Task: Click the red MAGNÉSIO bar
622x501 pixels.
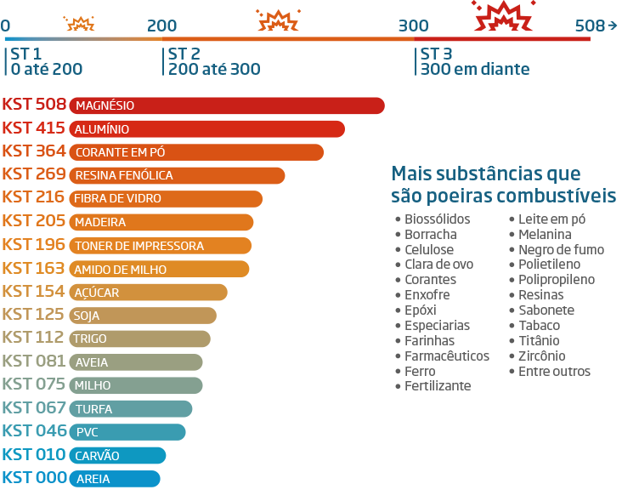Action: [226, 105]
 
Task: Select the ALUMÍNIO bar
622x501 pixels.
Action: [206, 129]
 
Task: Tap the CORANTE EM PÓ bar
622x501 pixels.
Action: [196, 152]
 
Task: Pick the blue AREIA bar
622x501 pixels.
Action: [114, 479]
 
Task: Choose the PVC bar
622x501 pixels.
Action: [127, 432]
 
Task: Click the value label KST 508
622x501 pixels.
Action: [34, 105]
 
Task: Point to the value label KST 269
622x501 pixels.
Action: [34, 174]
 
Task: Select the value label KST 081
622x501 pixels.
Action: [34, 362]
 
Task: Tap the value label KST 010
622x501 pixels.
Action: [34, 455]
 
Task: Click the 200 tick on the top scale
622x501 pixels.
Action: [161, 25]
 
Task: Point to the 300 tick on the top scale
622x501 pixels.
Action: [414, 25]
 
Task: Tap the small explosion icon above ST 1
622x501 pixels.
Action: [80, 22]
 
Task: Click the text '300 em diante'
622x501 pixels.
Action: [474, 70]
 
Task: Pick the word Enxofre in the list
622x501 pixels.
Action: [427, 295]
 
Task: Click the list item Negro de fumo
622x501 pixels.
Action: [561, 249]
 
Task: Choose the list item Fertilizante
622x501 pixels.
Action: [438, 386]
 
